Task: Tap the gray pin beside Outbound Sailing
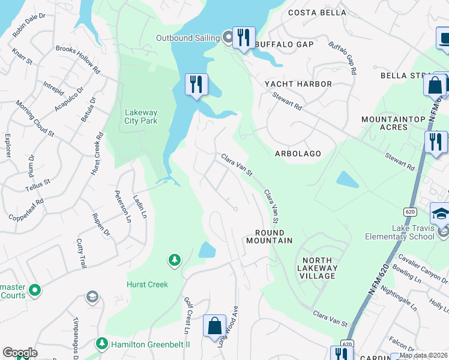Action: click(228, 38)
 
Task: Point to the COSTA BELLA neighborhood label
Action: click(317, 13)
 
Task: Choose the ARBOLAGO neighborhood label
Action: click(298, 154)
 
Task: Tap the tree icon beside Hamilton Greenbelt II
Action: click(102, 343)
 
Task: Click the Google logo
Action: click(20, 353)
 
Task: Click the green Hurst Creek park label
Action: click(147, 284)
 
